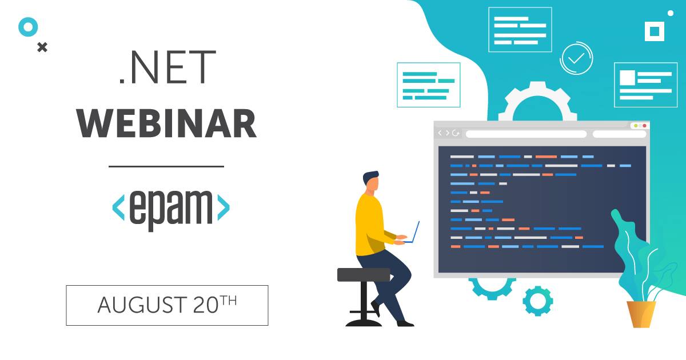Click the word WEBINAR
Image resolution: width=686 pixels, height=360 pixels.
coord(166,123)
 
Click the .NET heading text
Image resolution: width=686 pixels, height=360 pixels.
coord(167,67)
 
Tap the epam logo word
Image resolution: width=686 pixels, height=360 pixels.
coord(171,210)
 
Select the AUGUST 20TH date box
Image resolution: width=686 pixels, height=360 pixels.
coord(167,305)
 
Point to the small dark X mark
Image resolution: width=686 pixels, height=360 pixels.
coord(42,47)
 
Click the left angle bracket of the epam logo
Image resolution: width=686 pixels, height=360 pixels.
coord(118,207)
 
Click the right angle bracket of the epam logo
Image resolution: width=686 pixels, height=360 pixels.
coord(224,207)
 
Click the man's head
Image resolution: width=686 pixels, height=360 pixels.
coord(371,182)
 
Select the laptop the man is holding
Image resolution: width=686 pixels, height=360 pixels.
coord(413,233)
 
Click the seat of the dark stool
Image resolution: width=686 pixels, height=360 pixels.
coord(364,275)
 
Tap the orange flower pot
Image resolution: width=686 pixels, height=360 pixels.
coord(641,314)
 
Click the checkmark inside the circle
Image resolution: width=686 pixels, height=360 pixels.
coord(576,58)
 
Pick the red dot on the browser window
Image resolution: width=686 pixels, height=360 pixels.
coord(645,126)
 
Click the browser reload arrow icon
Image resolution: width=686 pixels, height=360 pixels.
coord(456,133)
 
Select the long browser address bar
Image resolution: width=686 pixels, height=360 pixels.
coord(526,134)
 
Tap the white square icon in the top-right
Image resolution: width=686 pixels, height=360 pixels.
coord(655,31)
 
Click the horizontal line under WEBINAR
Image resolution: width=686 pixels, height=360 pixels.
coord(166,166)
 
